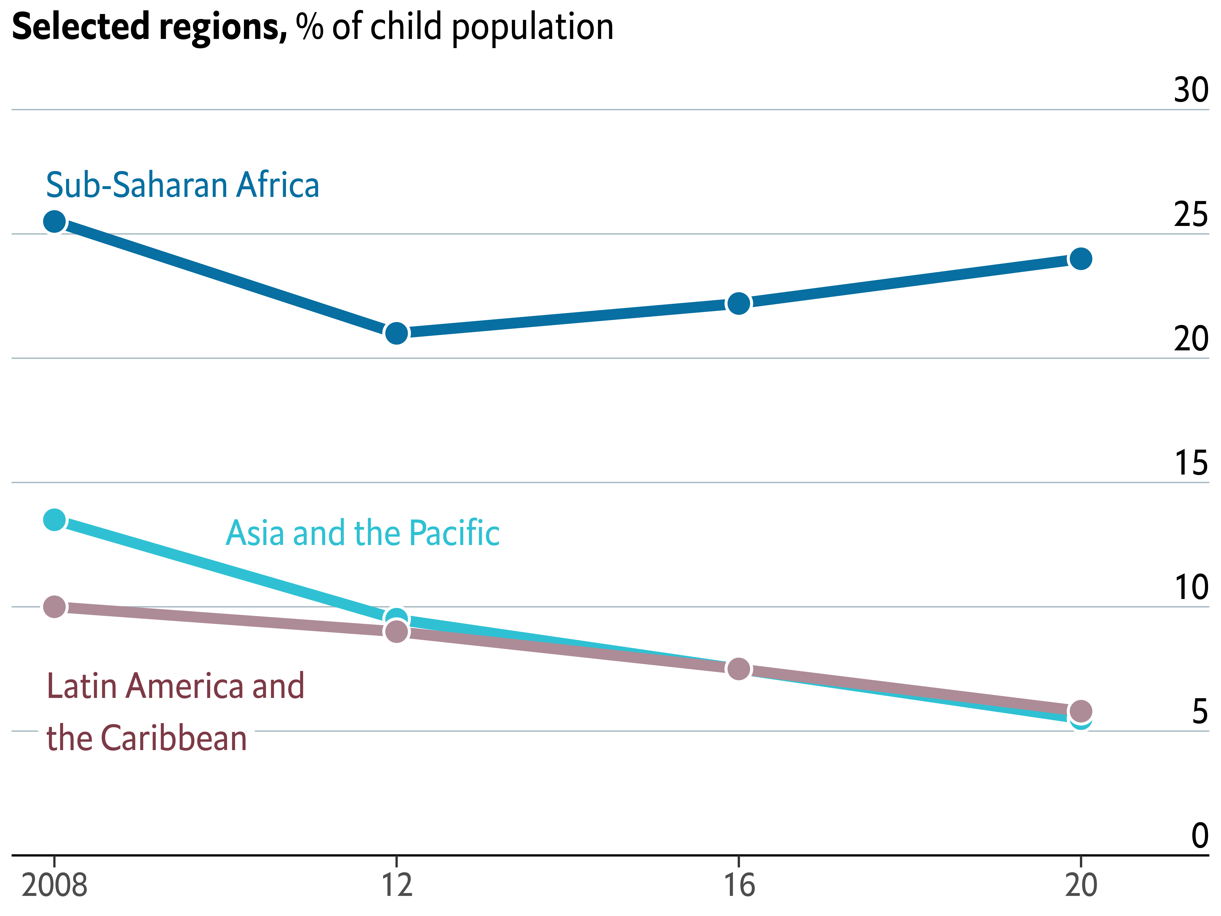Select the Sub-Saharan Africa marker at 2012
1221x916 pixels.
click(396, 333)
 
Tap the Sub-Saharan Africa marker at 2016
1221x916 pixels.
click(738, 303)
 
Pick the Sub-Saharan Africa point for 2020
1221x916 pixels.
click(1080, 259)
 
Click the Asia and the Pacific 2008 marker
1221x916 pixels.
click(54, 520)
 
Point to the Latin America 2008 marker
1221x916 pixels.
click(54, 607)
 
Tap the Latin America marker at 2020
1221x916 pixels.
click(1080, 711)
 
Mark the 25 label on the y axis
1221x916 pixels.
click(1191, 215)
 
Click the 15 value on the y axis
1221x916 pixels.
click(1191, 463)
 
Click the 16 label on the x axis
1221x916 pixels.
click(738, 885)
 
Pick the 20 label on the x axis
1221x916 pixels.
click(1080, 885)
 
